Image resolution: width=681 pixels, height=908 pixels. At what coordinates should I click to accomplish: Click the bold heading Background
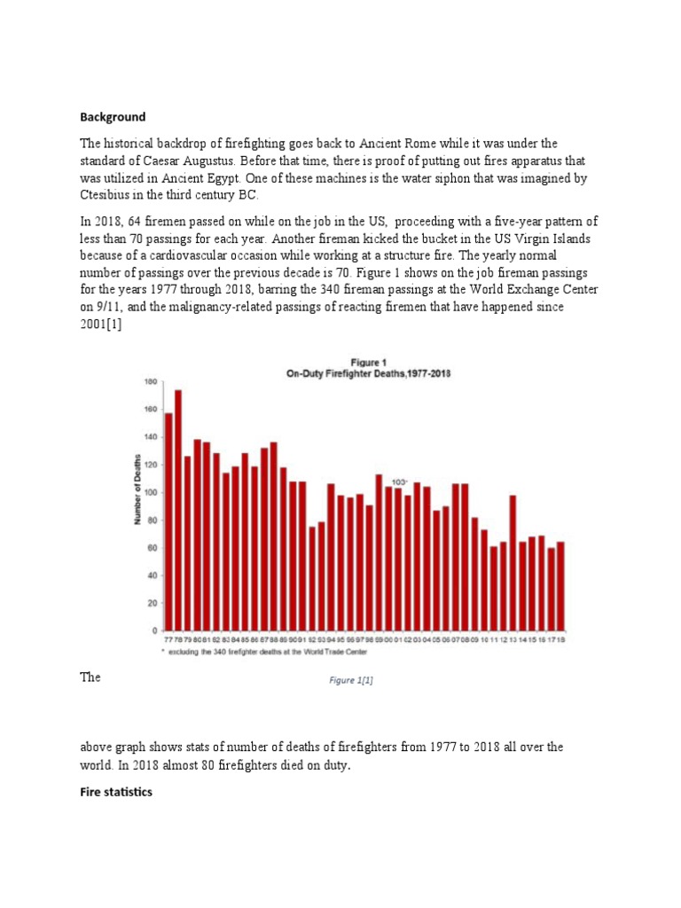tap(113, 117)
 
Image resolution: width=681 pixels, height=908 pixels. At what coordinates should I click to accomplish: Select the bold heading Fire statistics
tap(116, 792)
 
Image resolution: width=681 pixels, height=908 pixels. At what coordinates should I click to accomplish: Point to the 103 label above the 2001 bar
tap(399, 481)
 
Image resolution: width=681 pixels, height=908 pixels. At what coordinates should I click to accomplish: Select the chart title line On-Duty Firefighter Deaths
tap(368, 374)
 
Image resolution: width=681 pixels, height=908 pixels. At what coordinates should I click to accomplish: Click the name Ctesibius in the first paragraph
tap(113, 196)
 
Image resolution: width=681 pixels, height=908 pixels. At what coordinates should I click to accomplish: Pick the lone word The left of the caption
tap(90, 677)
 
